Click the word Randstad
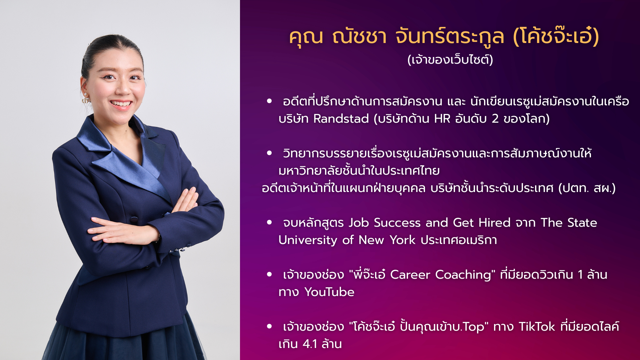(x=341, y=119)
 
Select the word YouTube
(x=329, y=292)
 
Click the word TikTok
(x=537, y=327)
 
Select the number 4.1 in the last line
(x=310, y=344)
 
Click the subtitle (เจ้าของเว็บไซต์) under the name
(x=450, y=60)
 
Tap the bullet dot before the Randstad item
(x=269, y=101)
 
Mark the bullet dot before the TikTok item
(x=269, y=326)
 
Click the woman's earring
(x=85, y=99)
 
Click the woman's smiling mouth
(x=121, y=104)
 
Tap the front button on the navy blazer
(x=134, y=220)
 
